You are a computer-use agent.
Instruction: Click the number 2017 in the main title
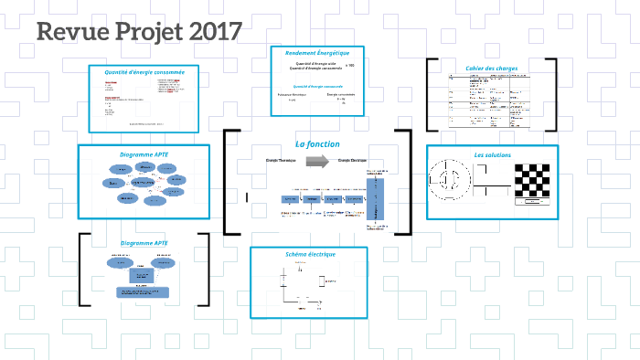tap(216, 32)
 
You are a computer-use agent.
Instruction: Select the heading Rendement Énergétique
tap(317, 53)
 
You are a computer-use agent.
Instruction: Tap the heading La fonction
tap(317, 144)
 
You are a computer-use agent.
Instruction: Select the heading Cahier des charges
tap(492, 69)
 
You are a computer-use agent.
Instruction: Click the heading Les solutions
tap(491, 155)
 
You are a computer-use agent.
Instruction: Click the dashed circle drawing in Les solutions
tap(452, 180)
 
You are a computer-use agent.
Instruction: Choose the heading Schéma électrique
tap(311, 254)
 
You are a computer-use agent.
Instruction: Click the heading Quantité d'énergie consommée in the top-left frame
tap(144, 71)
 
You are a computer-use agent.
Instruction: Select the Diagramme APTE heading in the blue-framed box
tap(144, 154)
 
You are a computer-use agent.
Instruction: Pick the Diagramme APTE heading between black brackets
tap(144, 243)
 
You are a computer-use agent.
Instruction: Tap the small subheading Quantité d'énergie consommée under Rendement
tap(318, 86)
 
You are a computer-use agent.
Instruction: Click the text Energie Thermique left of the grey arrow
tap(281, 161)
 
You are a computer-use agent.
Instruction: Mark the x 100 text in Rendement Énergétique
tap(350, 65)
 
